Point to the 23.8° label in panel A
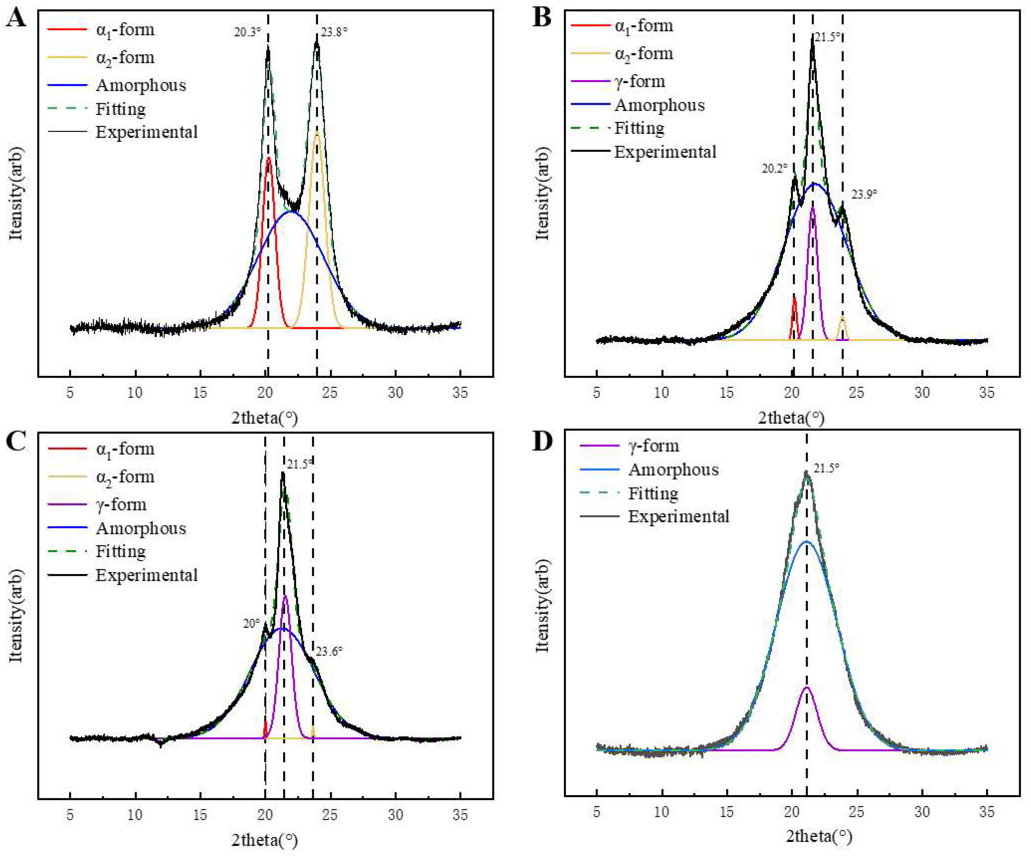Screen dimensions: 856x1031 click(334, 32)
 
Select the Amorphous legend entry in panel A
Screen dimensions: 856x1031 click(141, 85)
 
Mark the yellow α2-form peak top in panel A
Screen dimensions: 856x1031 click(317, 132)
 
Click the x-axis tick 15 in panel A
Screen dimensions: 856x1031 click(200, 393)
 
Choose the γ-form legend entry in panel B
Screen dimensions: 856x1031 click(639, 81)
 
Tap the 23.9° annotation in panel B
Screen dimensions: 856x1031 click(864, 194)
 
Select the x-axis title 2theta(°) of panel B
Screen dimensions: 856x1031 click(791, 418)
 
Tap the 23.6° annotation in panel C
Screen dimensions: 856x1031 click(329, 652)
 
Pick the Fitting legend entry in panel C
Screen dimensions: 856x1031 click(120, 551)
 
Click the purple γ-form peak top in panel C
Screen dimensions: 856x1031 click(285, 596)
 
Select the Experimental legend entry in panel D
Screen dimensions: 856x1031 click(678, 516)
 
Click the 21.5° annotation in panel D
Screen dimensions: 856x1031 click(826, 468)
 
